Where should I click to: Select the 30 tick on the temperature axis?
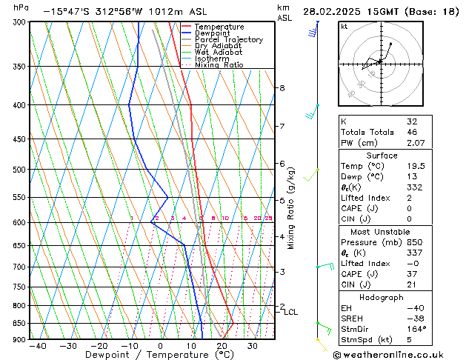point(253,346)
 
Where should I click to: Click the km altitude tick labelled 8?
point(282,88)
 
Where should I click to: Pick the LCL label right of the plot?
point(291,313)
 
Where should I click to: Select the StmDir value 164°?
point(416,329)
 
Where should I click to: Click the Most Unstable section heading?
point(382,232)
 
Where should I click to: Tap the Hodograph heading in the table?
point(382,297)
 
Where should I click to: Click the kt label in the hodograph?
point(344,27)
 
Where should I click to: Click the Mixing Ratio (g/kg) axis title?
point(291,207)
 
